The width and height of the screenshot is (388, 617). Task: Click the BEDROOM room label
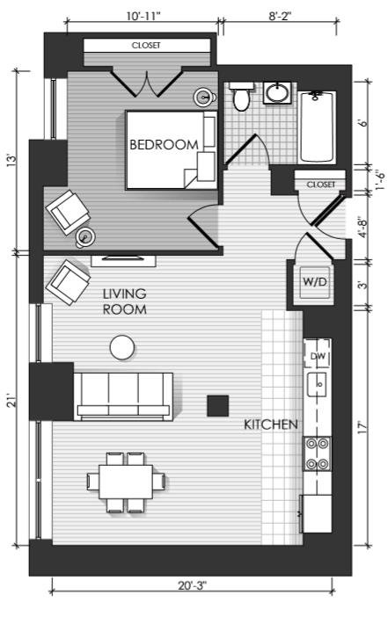[164, 144]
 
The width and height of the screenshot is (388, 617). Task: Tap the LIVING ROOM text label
[124, 301]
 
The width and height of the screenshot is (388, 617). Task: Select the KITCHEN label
[271, 425]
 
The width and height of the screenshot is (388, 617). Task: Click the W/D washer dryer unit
[315, 282]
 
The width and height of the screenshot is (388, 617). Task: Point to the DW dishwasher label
[318, 356]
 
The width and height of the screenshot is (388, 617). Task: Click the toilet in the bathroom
[241, 96]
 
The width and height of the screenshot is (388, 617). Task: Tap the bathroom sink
[278, 93]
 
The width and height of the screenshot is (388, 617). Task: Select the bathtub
[317, 127]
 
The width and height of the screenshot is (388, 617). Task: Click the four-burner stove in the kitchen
[317, 454]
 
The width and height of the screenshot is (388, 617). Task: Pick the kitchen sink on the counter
[317, 384]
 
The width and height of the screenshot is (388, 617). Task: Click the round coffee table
[122, 347]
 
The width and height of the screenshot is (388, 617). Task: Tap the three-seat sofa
[123, 396]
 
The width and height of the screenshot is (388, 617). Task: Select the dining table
[126, 482]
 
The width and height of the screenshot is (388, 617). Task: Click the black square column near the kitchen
[218, 406]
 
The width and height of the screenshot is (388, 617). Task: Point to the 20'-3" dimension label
[192, 585]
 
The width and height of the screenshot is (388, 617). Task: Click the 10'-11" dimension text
[143, 16]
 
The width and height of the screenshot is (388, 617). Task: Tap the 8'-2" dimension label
[280, 16]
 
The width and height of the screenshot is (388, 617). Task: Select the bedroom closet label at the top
[146, 45]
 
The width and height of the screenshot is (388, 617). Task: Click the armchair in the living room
[68, 282]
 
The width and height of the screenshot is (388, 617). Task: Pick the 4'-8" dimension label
[362, 227]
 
